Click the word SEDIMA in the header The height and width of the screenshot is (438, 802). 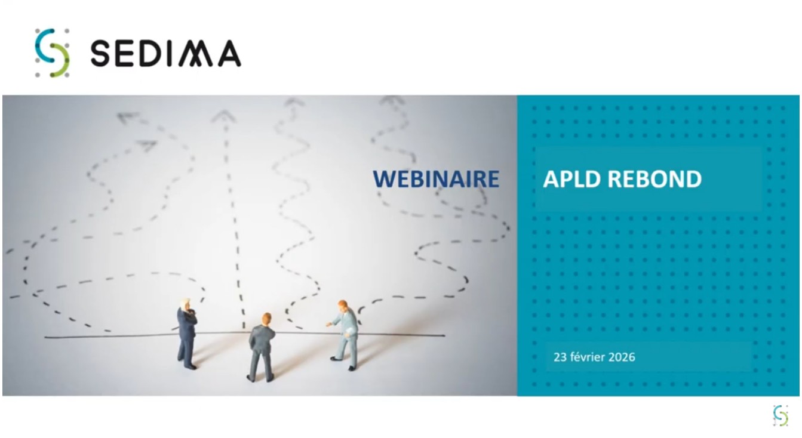click(165, 54)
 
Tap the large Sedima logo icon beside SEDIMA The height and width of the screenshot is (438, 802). click(52, 53)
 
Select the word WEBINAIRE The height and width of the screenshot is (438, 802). click(436, 179)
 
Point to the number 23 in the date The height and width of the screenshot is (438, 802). click(560, 357)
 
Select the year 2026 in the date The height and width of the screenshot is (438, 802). click(622, 357)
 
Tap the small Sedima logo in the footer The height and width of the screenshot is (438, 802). click(781, 415)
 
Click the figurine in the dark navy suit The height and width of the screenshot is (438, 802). click(187, 334)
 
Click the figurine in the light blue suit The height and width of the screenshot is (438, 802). click(346, 334)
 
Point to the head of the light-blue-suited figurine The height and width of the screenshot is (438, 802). click(343, 306)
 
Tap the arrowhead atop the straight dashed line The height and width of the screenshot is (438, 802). click(224, 116)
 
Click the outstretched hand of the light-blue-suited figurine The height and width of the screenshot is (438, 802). click(328, 324)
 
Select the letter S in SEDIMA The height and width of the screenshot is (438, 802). click(101, 54)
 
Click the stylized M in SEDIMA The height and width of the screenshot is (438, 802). click(197, 54)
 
